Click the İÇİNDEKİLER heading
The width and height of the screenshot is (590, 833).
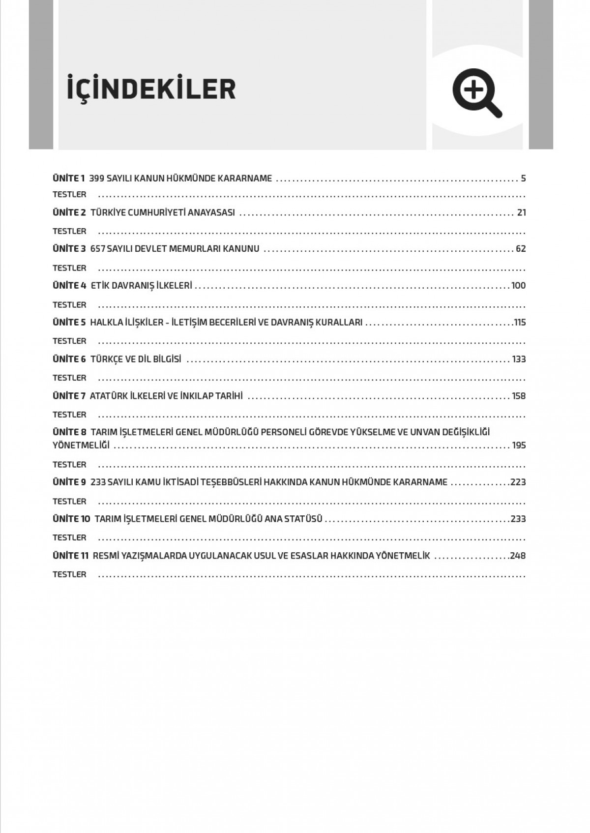pos(151,89)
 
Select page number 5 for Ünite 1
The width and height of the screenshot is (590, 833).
pos(523,178)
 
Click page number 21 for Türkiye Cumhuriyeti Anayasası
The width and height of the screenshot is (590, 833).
pos(521,213)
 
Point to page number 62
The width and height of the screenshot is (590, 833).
pos(521,249)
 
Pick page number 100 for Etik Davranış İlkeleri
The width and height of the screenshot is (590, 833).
pos(518,286)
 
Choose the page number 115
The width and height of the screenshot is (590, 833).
pos(520,323)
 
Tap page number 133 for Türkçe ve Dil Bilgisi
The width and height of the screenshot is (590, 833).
pos(519,359)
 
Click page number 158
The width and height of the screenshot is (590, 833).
pos(519,396)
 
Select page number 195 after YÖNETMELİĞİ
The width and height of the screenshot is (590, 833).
pos(519,446)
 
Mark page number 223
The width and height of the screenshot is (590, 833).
pos(518,482)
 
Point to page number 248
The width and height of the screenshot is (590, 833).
pos(518,556)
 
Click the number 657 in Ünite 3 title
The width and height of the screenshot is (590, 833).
pos(97,249)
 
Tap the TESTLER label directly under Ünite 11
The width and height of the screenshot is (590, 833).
pos(69,574)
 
